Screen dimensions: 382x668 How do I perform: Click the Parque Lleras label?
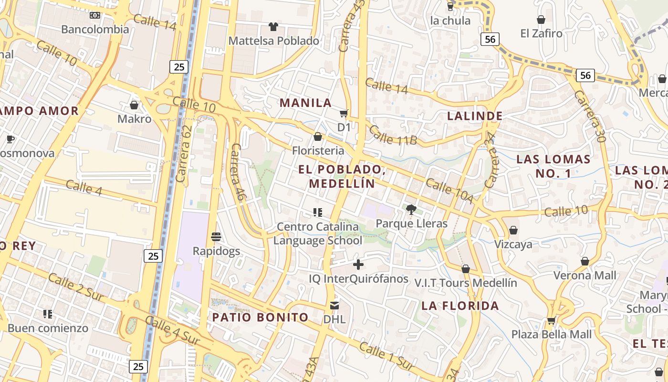pyautogui.click(x=411, y=223)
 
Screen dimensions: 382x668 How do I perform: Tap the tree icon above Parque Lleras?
pyautogui.click(x=411, y=209)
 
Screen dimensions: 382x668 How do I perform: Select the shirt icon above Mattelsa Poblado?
pyautogui.click(x=273, y=26)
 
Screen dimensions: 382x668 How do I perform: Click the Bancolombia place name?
pyautogui.click(x=95, y=29)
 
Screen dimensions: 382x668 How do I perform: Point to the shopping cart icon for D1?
pyautogui.click(x=344, y=113)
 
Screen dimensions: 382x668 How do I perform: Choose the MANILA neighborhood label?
pyautogui.click(x=305, y=103)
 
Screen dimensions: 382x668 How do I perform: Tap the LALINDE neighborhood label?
pyautogui.click(x=474, y=116)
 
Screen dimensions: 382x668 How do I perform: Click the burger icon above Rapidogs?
pyautogui.click(x=216, y=236)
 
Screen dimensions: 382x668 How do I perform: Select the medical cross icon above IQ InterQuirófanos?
pyautogui.click(x=358, y=265)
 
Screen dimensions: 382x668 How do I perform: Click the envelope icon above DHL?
pyautogui.click(x=334, y=305)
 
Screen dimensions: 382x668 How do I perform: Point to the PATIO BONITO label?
pyautogui.click(x=260, y=318)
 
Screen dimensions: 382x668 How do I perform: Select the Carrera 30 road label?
pyautogui.click(x=590, y=117)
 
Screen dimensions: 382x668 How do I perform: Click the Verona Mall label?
pyautogui.click(x=584, y=276)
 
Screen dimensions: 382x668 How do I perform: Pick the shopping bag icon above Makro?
pyautogui.click(x=134, y=105)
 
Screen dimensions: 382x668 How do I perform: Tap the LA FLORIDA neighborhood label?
pyautogui.click(x=460, y=306)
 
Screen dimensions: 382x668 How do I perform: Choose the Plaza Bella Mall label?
pyautogui.click(x=551, y=334)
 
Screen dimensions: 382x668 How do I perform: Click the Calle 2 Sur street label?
pyautogui.click(x=75, y=287)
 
